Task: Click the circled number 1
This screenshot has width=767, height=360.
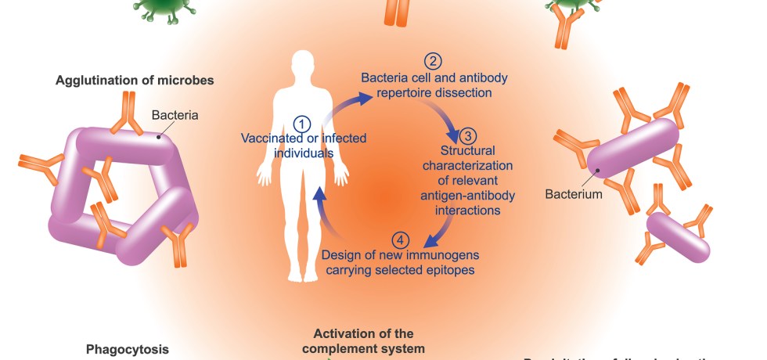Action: tap(303, 124)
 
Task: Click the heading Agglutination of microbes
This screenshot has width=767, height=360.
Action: tap(135, 80)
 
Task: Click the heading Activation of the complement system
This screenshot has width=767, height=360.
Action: tap(369, 340)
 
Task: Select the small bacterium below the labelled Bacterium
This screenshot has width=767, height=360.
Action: tap(678, 236)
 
